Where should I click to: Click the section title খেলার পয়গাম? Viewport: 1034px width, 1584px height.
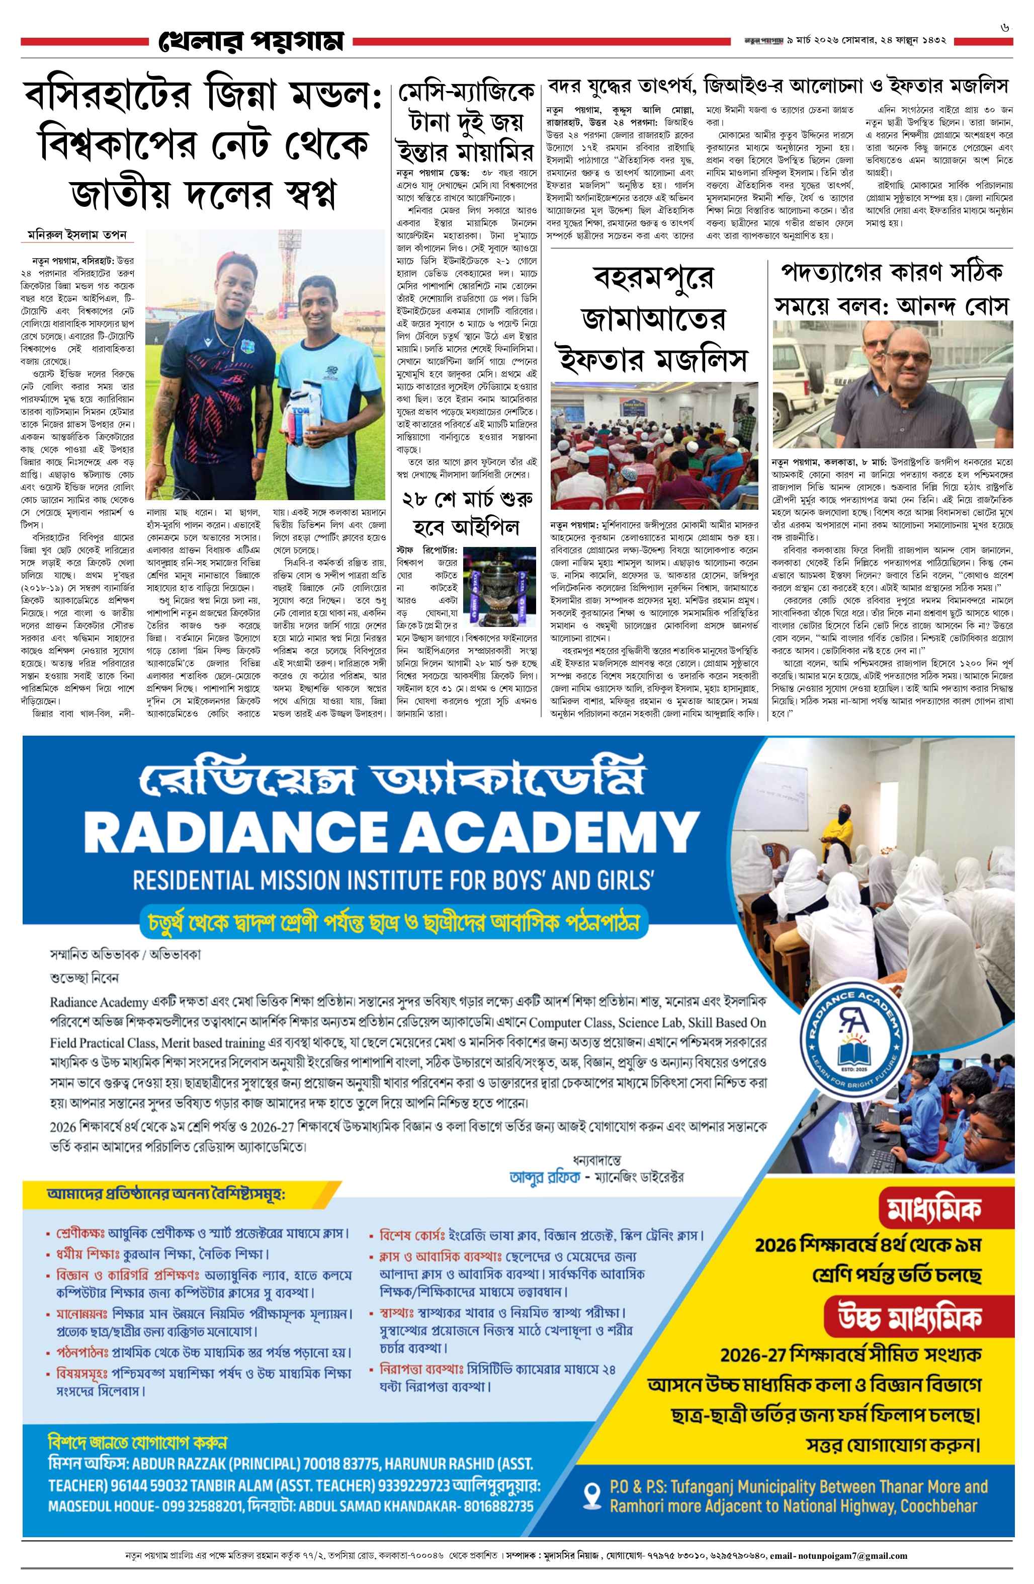[x=251, y=41]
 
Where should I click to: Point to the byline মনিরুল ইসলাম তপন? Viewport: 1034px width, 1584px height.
[x=76, y=235]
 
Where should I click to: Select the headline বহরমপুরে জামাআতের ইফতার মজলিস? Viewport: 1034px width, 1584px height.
[x=653, y=320]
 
